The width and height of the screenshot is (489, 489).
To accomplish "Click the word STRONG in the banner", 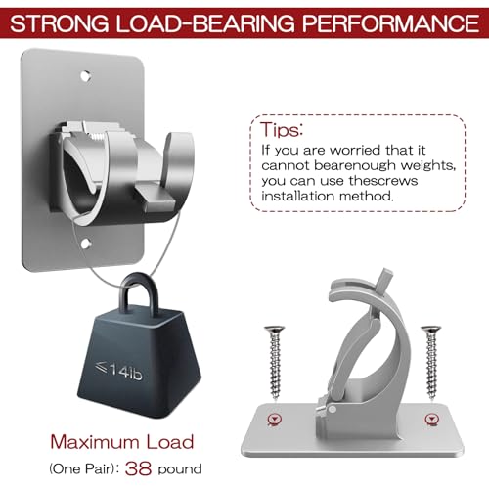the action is pyautogui.click(x=60, y=23).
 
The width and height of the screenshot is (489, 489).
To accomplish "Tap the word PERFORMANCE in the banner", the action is pyautogui.click(x=390, y=23).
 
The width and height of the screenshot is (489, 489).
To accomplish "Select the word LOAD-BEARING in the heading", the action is pyautogui.click(x=205, y=23).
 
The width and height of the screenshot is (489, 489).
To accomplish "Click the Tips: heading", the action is pyautogui.click(x=282, y=130).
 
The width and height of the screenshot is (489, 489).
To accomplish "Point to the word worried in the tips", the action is pyautogui.click(x=355, y=151).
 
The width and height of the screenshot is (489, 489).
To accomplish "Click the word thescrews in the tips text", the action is pyautogui.click(x=383, y=181).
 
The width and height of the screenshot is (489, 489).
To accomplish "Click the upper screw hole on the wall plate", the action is pyautogui.click(x=85, y=76).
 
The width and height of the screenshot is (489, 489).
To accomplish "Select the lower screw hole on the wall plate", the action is pyautogui.click(x=86, y=244).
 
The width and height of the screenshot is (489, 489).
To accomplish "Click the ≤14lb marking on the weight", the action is pyautogui.click(x=118, y=371).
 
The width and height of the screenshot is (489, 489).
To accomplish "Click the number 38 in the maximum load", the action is pyautogui.click(x=138, y=468).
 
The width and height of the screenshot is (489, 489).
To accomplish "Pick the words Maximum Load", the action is pyautogui.click(x=122, y=442).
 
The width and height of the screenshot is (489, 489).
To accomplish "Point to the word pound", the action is pyautogui.click(x=180, y=469).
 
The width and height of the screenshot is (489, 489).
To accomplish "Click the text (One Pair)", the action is pyautogui.click(x=84, y=469).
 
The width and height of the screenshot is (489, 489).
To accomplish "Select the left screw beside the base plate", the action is pyautogui.click(x=275, y=362).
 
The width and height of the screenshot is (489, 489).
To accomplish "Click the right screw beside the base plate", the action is pyautogui.click(x=431, y=362).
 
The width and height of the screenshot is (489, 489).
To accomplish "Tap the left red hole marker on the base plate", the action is pyautogui.click(x=275, y=420).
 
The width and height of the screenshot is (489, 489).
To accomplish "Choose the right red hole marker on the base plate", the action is pyautogui.click(x=432, y=420).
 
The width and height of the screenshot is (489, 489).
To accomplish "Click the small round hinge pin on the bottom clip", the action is pyautogui.click(x=332, y=410).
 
